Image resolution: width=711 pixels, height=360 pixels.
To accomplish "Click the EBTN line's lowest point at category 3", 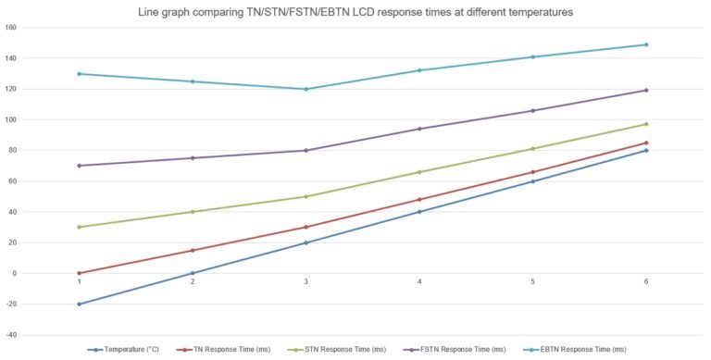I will (306, 89).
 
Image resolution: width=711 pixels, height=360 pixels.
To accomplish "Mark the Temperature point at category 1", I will (79, 304).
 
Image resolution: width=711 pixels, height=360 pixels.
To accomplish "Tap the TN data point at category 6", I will (646, 143).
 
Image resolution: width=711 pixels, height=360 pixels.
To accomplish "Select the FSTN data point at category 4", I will (419, 129).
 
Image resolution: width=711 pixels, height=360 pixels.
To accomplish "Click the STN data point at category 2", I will (193, 212).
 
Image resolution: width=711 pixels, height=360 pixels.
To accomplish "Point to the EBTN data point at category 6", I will (646, 44).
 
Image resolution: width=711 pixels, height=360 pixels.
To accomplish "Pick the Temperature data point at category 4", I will (419, 212).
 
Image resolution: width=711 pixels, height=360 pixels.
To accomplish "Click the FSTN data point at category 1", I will (79, 166).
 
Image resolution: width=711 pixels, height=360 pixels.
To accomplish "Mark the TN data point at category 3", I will (306, 227).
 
